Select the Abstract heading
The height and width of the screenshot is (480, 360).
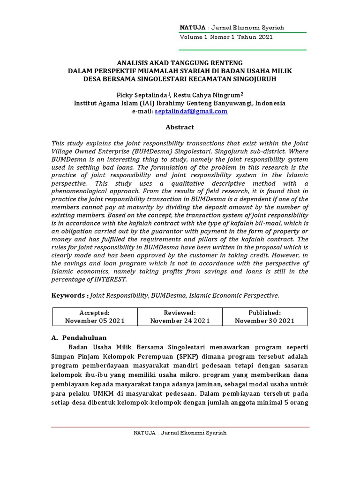tap(180, 127)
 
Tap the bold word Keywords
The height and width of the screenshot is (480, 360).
tap(69, 295)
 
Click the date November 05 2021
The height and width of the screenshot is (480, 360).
tap(95, 321)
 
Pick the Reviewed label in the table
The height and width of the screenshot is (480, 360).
tap(180, 313)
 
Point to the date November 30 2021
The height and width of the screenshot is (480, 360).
tap(264, 321)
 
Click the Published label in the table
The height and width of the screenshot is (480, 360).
tap(264, 313)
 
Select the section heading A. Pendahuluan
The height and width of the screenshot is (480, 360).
tap(78, 337)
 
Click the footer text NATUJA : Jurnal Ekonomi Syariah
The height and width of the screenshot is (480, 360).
tap(180, 433)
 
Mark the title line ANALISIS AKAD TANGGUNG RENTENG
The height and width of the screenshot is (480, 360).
tap(180, 63)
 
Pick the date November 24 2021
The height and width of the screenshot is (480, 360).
tap(180, 321)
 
